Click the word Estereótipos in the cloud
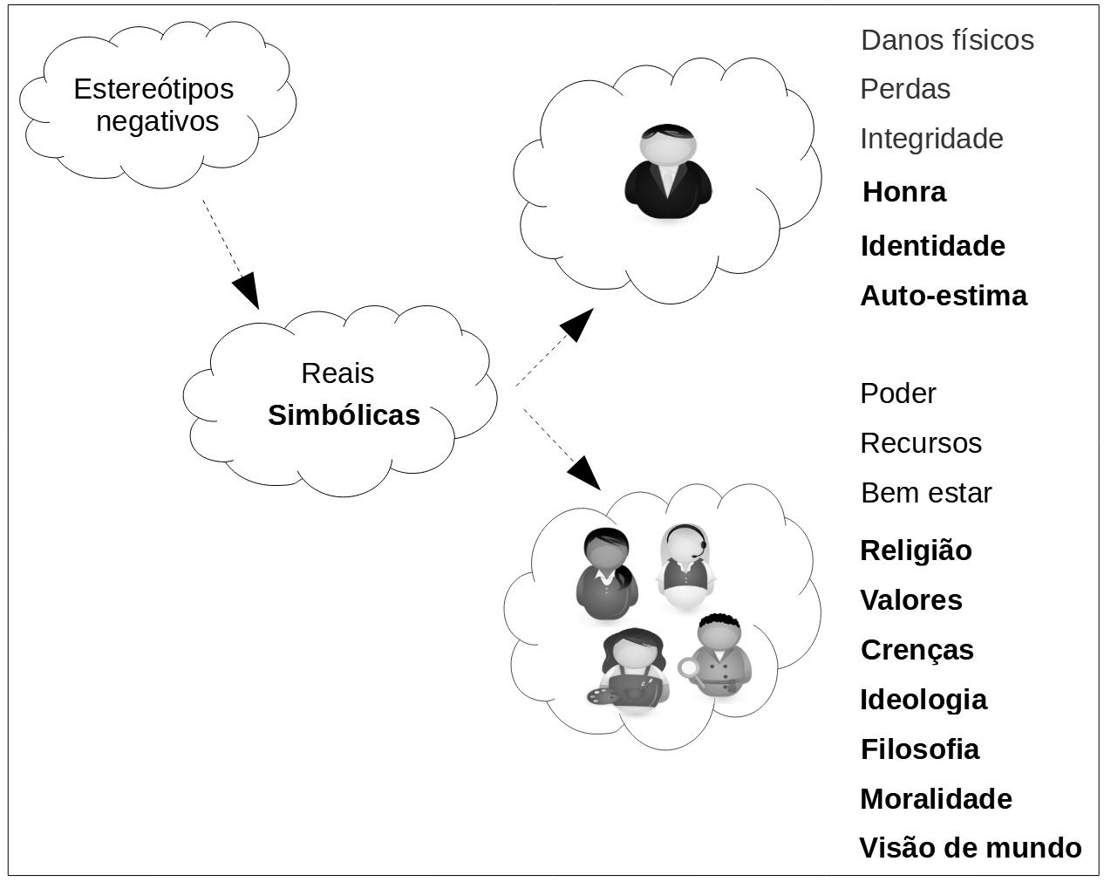click(153, 89)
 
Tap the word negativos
click(157, 121)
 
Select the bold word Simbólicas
click(344, 415)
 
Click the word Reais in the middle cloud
click(337, 373)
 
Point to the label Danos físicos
click(947, 40)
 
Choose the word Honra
click(903, 192)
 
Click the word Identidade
click(932, 246)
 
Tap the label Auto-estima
click(944, 296)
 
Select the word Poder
click(897, 393)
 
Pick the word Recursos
click(921, 443)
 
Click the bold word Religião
click(916, 550)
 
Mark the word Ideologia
click(923, 700)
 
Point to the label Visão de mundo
click(970, 848)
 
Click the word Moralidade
click(936, 799)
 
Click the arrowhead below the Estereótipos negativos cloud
click(248, 290)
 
